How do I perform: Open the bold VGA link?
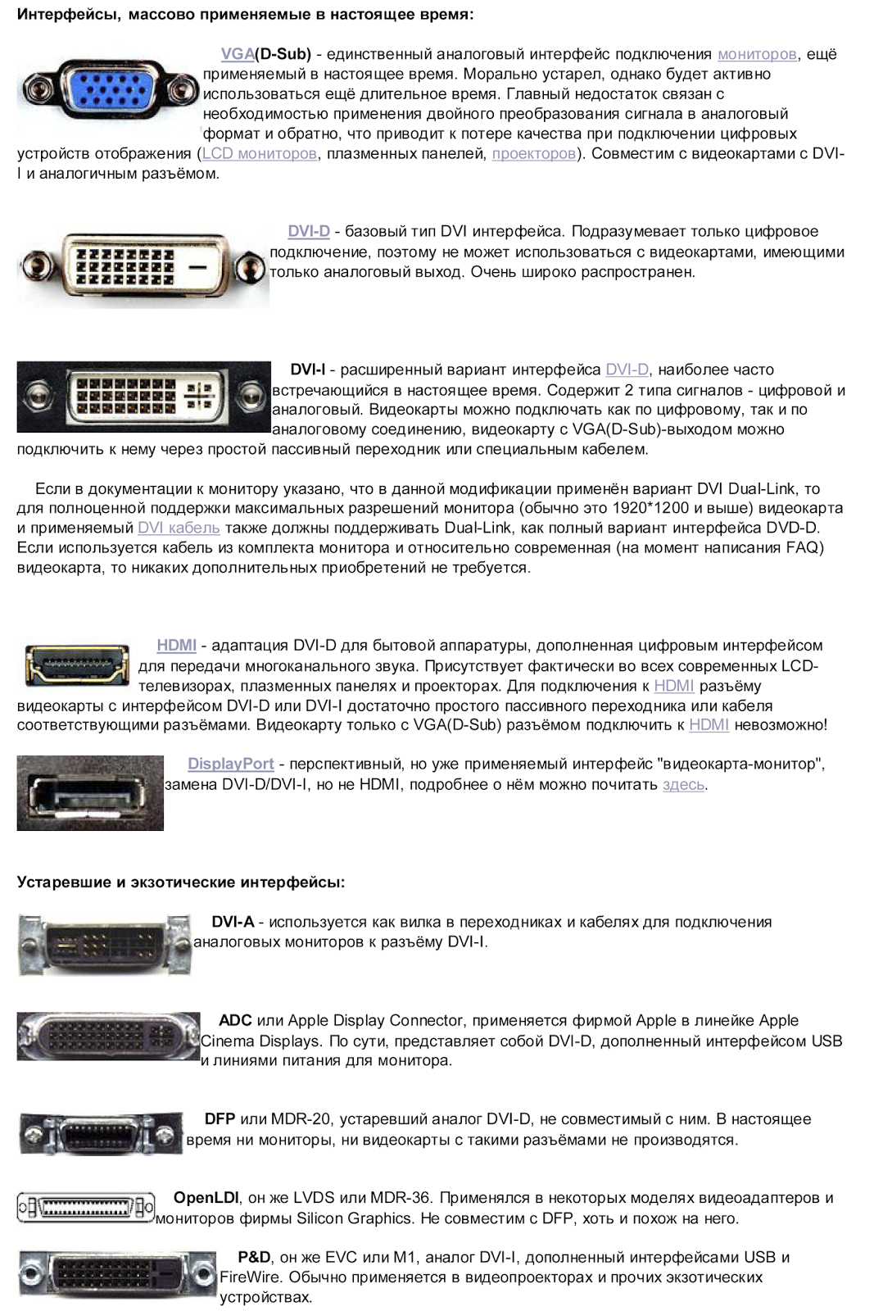[x=238, y=54]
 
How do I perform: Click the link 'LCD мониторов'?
[x=260, y=154]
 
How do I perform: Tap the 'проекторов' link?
[x=533, y=154]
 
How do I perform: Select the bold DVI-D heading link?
[x=309, y=232]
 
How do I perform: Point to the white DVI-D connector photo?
[x=143, y=267]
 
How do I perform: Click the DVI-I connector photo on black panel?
[x=144, y=397]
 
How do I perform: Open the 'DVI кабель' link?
[x=179, y=528]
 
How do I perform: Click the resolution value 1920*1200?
[x=650, y=508]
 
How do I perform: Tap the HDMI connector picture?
[x=77, y=665]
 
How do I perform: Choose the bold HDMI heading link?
[x=176, y=646]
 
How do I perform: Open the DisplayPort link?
[x=231, y=764]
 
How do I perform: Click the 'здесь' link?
[x=683, y=785]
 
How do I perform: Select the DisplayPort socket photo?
[x=90, y=793]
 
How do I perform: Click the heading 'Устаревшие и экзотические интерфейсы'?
[x=181, y=882]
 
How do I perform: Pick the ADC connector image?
[x=108, y=1037]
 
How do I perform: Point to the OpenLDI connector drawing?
[x=86, y=1207]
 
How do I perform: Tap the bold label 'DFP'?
[x=220, y=1119]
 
